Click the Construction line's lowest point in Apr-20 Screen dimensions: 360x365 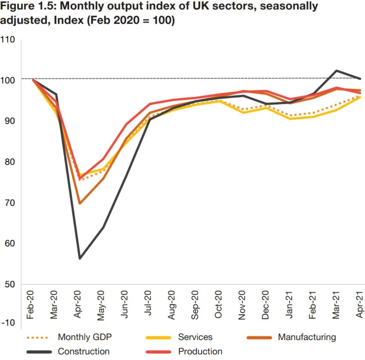[x=80, y=258]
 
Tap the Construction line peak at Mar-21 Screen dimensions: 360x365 [x=336, y=71]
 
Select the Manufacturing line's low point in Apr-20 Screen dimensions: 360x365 [x=80, y=203]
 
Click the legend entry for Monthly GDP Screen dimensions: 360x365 [x=85, y=337]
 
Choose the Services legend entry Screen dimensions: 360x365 [x=195, y=337]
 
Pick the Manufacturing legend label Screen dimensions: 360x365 [x=307, y=337]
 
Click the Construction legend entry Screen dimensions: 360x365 [x=84, y=351]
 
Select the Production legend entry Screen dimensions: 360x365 [x=200, y=351]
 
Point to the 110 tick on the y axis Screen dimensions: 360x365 [x=8, y=40]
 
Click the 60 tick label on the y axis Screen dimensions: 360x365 [x=9, y=243]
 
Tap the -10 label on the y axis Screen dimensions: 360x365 [x=8, y=323]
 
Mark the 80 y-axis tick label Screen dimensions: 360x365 [x=9, y=162]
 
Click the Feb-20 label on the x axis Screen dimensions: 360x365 [x=30, y=305]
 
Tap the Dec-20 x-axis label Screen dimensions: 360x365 [x=265, y=305]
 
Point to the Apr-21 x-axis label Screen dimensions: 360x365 [x=359, y=305]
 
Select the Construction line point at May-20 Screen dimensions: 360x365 [x=103, y=227]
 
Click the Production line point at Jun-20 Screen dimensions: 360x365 [x=126, y=124]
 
